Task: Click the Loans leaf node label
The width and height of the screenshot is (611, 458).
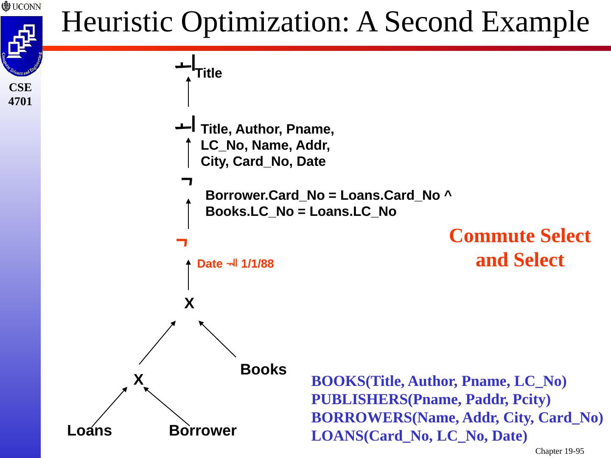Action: [x=90, y=430]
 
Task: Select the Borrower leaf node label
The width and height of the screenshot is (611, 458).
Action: [x=202, y=430]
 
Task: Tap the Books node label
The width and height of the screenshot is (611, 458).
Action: [x=263, y=369]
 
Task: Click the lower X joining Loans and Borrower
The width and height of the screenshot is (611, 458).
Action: [x=138, y=379]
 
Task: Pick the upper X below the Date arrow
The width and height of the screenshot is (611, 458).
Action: [x=189, y=303]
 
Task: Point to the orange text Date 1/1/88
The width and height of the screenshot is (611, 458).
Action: [x=235, y=264]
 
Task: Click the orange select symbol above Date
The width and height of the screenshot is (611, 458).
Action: [x=182, y=242]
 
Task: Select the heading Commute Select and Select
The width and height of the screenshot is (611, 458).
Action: [x=519, y=248]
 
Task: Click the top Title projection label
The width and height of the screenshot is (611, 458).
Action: [x=209, y=73]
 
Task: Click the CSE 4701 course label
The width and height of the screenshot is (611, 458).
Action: [x=20, y=94]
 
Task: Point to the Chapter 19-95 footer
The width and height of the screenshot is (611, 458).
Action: [x=559, y=451]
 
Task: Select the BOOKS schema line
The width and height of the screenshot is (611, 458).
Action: [x=439, y=381]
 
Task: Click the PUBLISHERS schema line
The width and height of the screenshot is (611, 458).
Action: [x=431, y=399]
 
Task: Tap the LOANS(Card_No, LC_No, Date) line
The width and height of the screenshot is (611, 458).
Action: [x=419, y=436]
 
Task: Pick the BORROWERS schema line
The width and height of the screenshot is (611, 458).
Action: [x=457, y=418]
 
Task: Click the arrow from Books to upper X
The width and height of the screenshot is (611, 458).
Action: [x=217, y=338]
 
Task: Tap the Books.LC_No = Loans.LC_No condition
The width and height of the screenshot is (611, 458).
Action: [x=301, y=212]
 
